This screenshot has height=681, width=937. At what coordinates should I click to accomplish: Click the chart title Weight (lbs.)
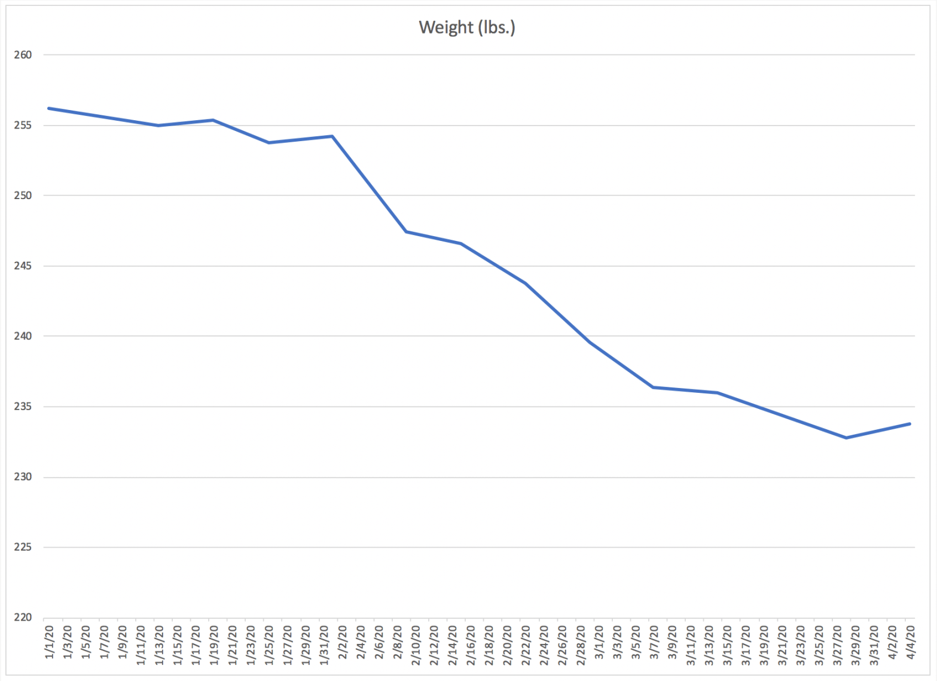(466, 28)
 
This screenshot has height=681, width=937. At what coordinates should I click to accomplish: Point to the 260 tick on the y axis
(23, 55)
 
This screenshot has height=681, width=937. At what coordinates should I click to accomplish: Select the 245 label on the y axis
(23, 266)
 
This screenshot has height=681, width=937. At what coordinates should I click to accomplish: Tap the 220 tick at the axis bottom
(23, 618)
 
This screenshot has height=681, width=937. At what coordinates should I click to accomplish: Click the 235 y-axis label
(23, 407)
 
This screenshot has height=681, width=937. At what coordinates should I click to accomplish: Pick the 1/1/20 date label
(50, 643)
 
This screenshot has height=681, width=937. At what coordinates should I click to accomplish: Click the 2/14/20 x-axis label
(453, 645)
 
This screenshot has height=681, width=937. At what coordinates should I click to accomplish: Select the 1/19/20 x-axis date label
(214, 645)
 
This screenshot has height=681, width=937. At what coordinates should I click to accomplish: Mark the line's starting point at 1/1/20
(48, 108)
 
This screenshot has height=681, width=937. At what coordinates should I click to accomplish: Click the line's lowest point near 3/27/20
(846, 438)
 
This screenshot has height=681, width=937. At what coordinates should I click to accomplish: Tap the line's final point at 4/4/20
(909, 424)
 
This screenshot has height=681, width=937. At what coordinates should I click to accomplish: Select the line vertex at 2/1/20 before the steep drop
(332, 136)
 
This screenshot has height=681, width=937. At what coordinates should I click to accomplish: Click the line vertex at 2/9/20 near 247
(406, 231)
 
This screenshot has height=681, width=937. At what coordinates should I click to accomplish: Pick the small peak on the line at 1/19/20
(213, 120)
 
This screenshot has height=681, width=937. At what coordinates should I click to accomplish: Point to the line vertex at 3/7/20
(653, 387)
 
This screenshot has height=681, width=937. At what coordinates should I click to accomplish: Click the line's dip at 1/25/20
(268, 142)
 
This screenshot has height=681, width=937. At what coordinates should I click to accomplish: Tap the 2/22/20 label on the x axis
(526, 645)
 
